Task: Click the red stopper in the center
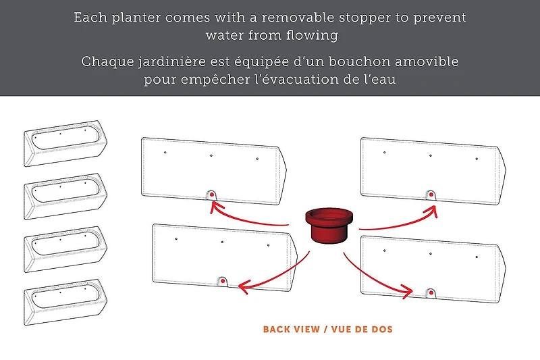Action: (x=329, y=226)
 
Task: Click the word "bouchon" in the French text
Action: (x=360, y=61)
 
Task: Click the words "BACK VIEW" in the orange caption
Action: (x=292, y=330)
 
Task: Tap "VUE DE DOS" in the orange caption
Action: (x=362, y=330)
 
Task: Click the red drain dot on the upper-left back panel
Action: (x=212, y=195)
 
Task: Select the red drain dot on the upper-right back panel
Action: (x=431, y=195)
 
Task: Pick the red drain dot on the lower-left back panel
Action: (x=223, y=281)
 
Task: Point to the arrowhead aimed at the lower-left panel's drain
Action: (x=243, y=286)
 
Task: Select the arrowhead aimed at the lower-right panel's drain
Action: (x=408, y=292)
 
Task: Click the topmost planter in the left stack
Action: (x=65, y=143)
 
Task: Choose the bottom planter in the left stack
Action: (x=65, y=302)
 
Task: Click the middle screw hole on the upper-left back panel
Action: (x=211, y=156)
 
